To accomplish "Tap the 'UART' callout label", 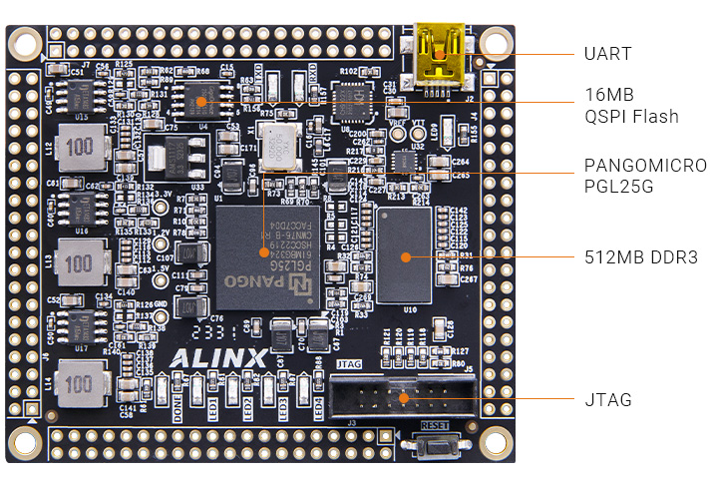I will (x=607, y=53).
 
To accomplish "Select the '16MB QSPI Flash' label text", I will (x=631, y=106).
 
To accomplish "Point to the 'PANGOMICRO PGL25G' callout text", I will (x=645, y=176).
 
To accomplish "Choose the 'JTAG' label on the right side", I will (x=608, y=400).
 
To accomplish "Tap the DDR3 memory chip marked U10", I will (x=404, y=256).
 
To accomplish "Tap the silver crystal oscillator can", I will (x=283, y=145).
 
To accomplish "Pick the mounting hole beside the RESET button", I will (x=492, y=440).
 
